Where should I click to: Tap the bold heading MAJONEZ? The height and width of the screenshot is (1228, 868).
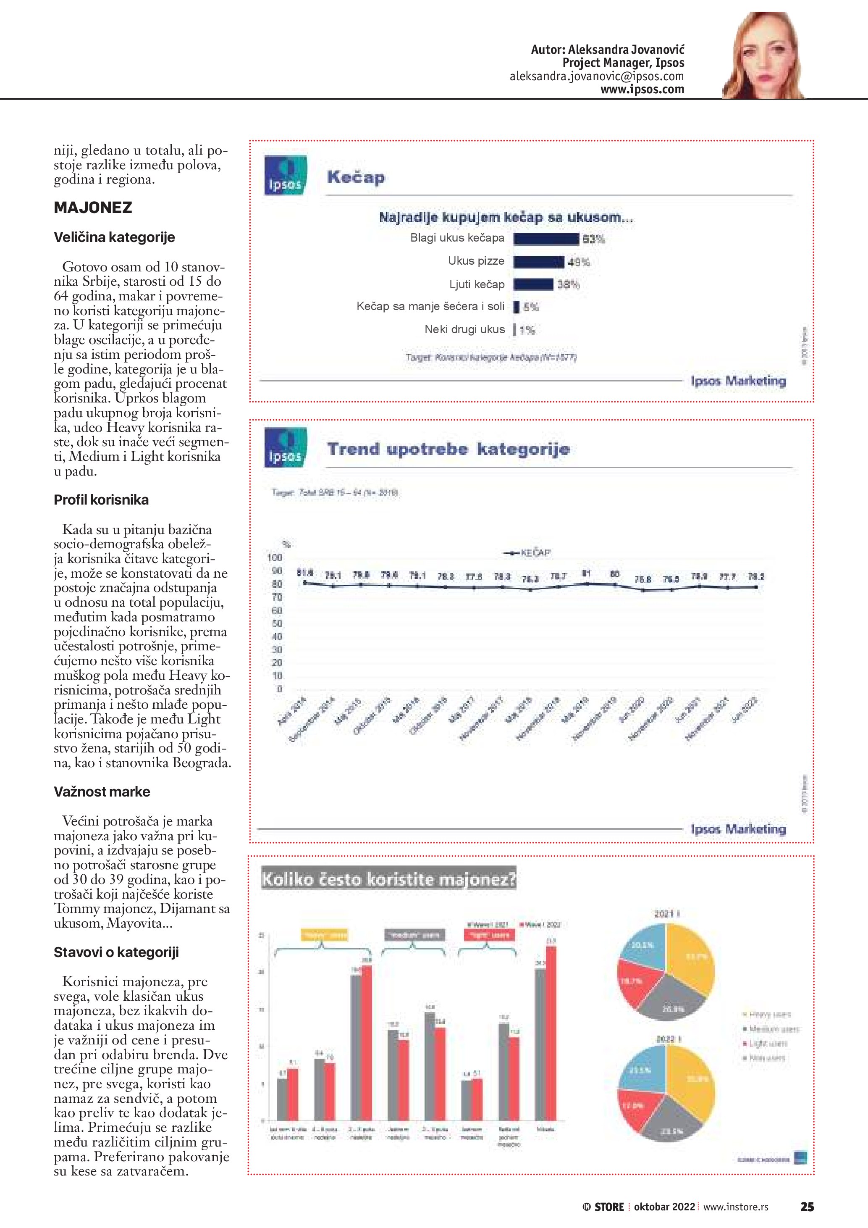click(93, 208)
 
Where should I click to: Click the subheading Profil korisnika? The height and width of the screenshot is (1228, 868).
click(101, 500)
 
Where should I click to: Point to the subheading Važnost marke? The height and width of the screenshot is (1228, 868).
click(102, 791)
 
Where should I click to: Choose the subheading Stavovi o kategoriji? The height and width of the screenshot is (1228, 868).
click(116, 952)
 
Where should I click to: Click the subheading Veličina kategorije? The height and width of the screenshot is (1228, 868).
click(114, 237)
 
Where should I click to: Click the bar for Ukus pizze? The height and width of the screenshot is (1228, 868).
click(539, 262)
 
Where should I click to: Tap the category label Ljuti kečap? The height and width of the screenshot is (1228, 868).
click(477, 284)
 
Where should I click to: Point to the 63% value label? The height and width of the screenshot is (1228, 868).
click(593, 239)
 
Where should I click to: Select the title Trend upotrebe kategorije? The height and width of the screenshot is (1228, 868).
click(448, 449)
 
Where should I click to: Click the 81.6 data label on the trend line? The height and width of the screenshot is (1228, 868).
click(304, 573)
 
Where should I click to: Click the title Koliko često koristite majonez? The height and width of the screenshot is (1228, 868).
click(388, 880)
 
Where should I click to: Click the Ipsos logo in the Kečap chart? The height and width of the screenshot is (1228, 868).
click(286, 175)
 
